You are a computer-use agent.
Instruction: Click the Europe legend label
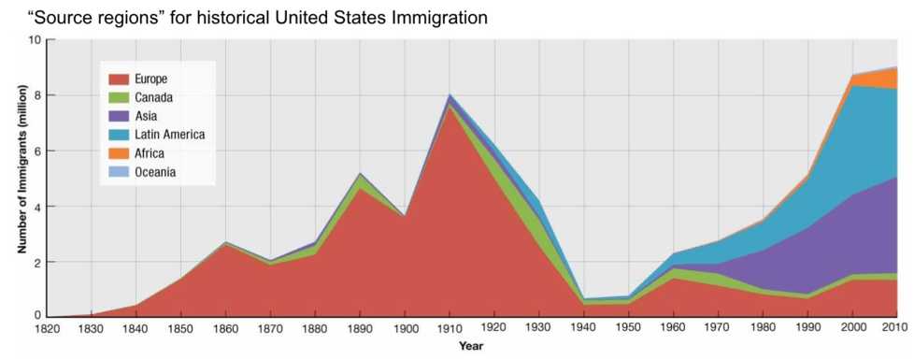(x=150, y=79)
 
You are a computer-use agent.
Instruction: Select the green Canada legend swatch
(x=118, y=98)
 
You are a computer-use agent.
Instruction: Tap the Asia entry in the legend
(x=146, y=116)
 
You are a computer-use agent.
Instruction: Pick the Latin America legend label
(x=169, y=135)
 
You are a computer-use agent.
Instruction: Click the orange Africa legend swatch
(x=118, y=153)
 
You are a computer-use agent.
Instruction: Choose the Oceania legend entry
(x=154, y=172)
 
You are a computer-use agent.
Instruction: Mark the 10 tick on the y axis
(x=35, y=40)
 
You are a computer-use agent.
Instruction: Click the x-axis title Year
(x=471, y=347)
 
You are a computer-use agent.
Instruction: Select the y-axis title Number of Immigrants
(x=21, y=178)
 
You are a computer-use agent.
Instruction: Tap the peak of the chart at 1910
(x=450, y=95)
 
